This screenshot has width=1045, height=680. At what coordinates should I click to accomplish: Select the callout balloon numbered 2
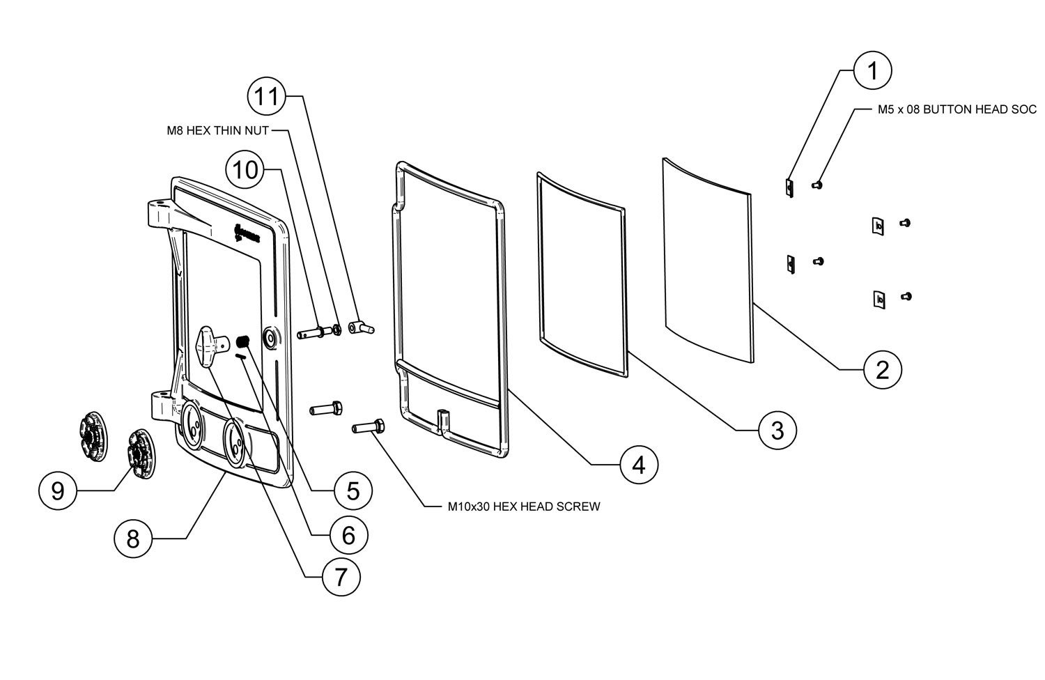883,369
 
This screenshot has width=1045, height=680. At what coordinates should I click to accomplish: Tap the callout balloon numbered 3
777,430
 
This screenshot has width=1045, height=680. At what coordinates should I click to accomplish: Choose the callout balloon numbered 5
353,490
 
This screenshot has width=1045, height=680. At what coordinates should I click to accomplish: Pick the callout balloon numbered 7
341,577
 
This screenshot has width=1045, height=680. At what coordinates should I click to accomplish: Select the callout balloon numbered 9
58,490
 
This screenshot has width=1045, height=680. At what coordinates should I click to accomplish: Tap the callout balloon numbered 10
245,169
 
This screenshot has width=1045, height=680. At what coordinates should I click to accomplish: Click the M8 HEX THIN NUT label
217,130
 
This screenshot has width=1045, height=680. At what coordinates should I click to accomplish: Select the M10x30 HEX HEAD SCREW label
523,507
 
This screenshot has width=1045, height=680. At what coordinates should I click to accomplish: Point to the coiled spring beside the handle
245,341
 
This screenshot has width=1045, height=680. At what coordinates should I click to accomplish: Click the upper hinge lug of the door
162,211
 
